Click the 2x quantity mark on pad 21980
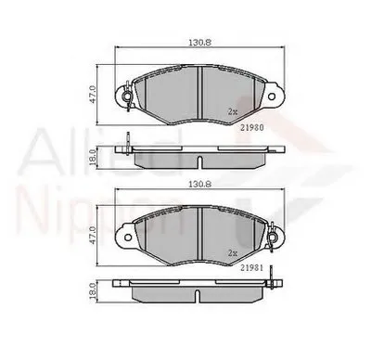click(x=233, y=110)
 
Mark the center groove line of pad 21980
click(x=201, y=93)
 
